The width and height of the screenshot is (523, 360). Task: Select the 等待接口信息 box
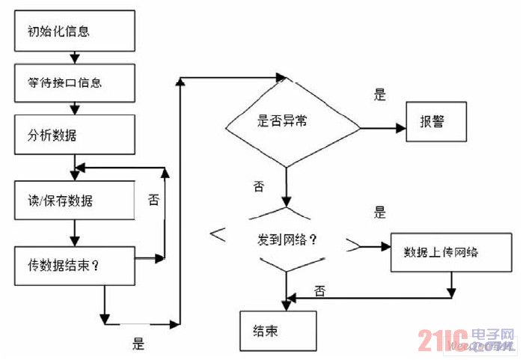click(x=73, y=82)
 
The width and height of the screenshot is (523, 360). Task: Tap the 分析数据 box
click(x=73, y=135)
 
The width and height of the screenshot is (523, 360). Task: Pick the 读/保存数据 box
click(x=73, y=201)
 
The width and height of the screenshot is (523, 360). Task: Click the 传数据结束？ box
click(x=73, y=266)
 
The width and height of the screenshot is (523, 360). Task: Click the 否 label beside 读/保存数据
click(x=153, y=200)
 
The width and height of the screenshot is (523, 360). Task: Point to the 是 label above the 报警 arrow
click(x=379, y=95)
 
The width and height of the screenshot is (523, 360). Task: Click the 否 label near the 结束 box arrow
click(x=319, y=290)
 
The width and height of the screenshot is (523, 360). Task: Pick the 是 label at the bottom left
click(x=138, y=344)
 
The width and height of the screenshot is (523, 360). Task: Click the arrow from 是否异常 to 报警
click(x=382, y=128)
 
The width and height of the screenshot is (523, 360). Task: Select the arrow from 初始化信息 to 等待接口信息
click(x=73, y=57)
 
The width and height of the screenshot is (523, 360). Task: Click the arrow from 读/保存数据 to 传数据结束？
click(x=73, y=235)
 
